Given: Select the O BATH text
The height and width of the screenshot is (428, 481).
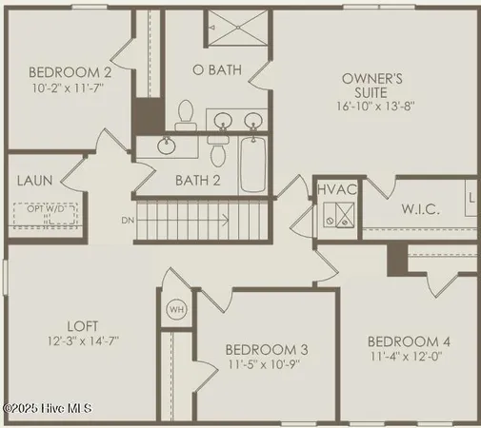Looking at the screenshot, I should pyautogui.click(x=216, y=69).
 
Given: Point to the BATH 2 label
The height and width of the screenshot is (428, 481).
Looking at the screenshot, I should pyautogui.click(x=197, y=179).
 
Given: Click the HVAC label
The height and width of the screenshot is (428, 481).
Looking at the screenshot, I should pyautogui.click(x=336, y=189).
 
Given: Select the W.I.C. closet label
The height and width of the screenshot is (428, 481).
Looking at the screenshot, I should pyautogui.click(x=419, y=208).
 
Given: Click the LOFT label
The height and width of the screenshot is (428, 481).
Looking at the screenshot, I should pyautogui.click(x=82, y=325).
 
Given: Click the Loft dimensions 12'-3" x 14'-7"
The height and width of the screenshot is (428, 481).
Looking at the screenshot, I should pyautogui.click(x=82, y=340).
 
